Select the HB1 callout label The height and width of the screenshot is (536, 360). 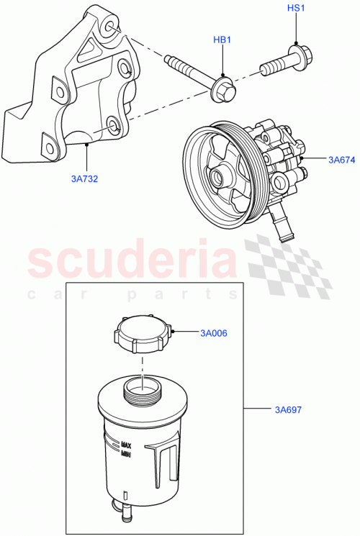click(x=222, y=40)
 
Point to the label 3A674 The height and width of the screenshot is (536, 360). click(x=341, y=160)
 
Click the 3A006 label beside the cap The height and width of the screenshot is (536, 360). click(x=214, y=332)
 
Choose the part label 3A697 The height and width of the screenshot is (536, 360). click(x=287, y=410)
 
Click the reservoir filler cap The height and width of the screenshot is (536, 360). click(x=144, y=334)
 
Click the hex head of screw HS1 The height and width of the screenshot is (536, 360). click(x=297, y=55)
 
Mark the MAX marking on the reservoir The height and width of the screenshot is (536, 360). click(x=126, y=445)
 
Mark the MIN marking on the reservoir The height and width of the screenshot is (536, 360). click(x=126, y=453)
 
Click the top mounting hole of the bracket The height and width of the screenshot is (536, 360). click(x=108, y=27)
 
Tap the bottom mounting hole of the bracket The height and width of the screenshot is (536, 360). click(x=112, y=129)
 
